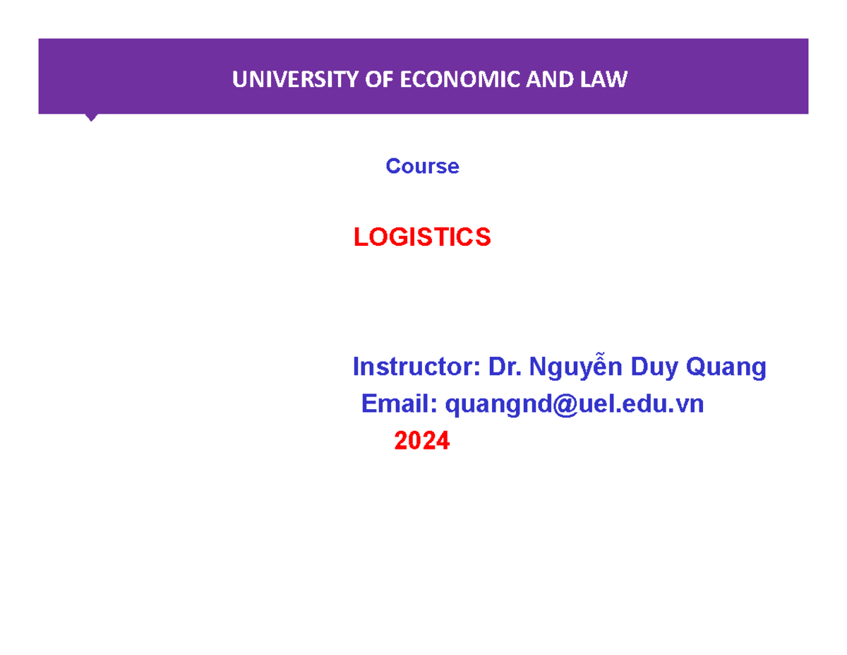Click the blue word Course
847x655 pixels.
[422, 167]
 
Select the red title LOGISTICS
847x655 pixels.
[422, 238]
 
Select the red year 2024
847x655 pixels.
[421, 442]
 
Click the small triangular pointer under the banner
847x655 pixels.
[91, 117]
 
